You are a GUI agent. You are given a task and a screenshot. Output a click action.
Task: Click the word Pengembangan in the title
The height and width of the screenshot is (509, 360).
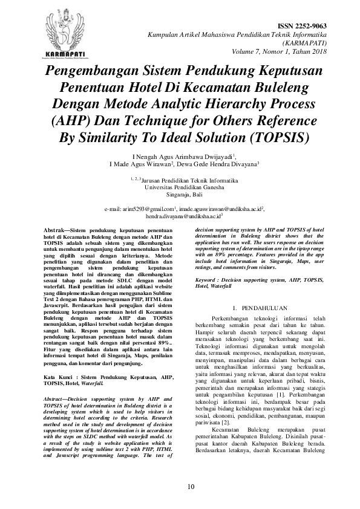[x=96, y=72]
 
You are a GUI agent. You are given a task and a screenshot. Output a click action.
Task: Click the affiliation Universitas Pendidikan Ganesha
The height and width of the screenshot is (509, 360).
[x=180, y=187]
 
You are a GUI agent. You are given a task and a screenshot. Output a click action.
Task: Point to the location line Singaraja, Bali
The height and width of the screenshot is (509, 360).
[x=180, y=195]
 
